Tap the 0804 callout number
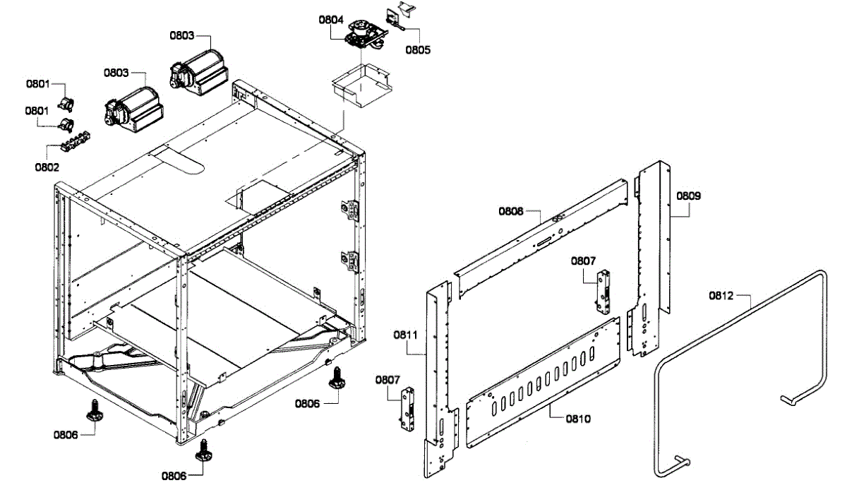[x=331, y=20]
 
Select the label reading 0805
[x=418, y=50]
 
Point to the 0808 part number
[x=511, y=211]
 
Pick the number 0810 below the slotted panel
[x=578, y=419]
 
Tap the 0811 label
[x=405, y=334]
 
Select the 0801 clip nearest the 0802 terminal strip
[x=67, y=127]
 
